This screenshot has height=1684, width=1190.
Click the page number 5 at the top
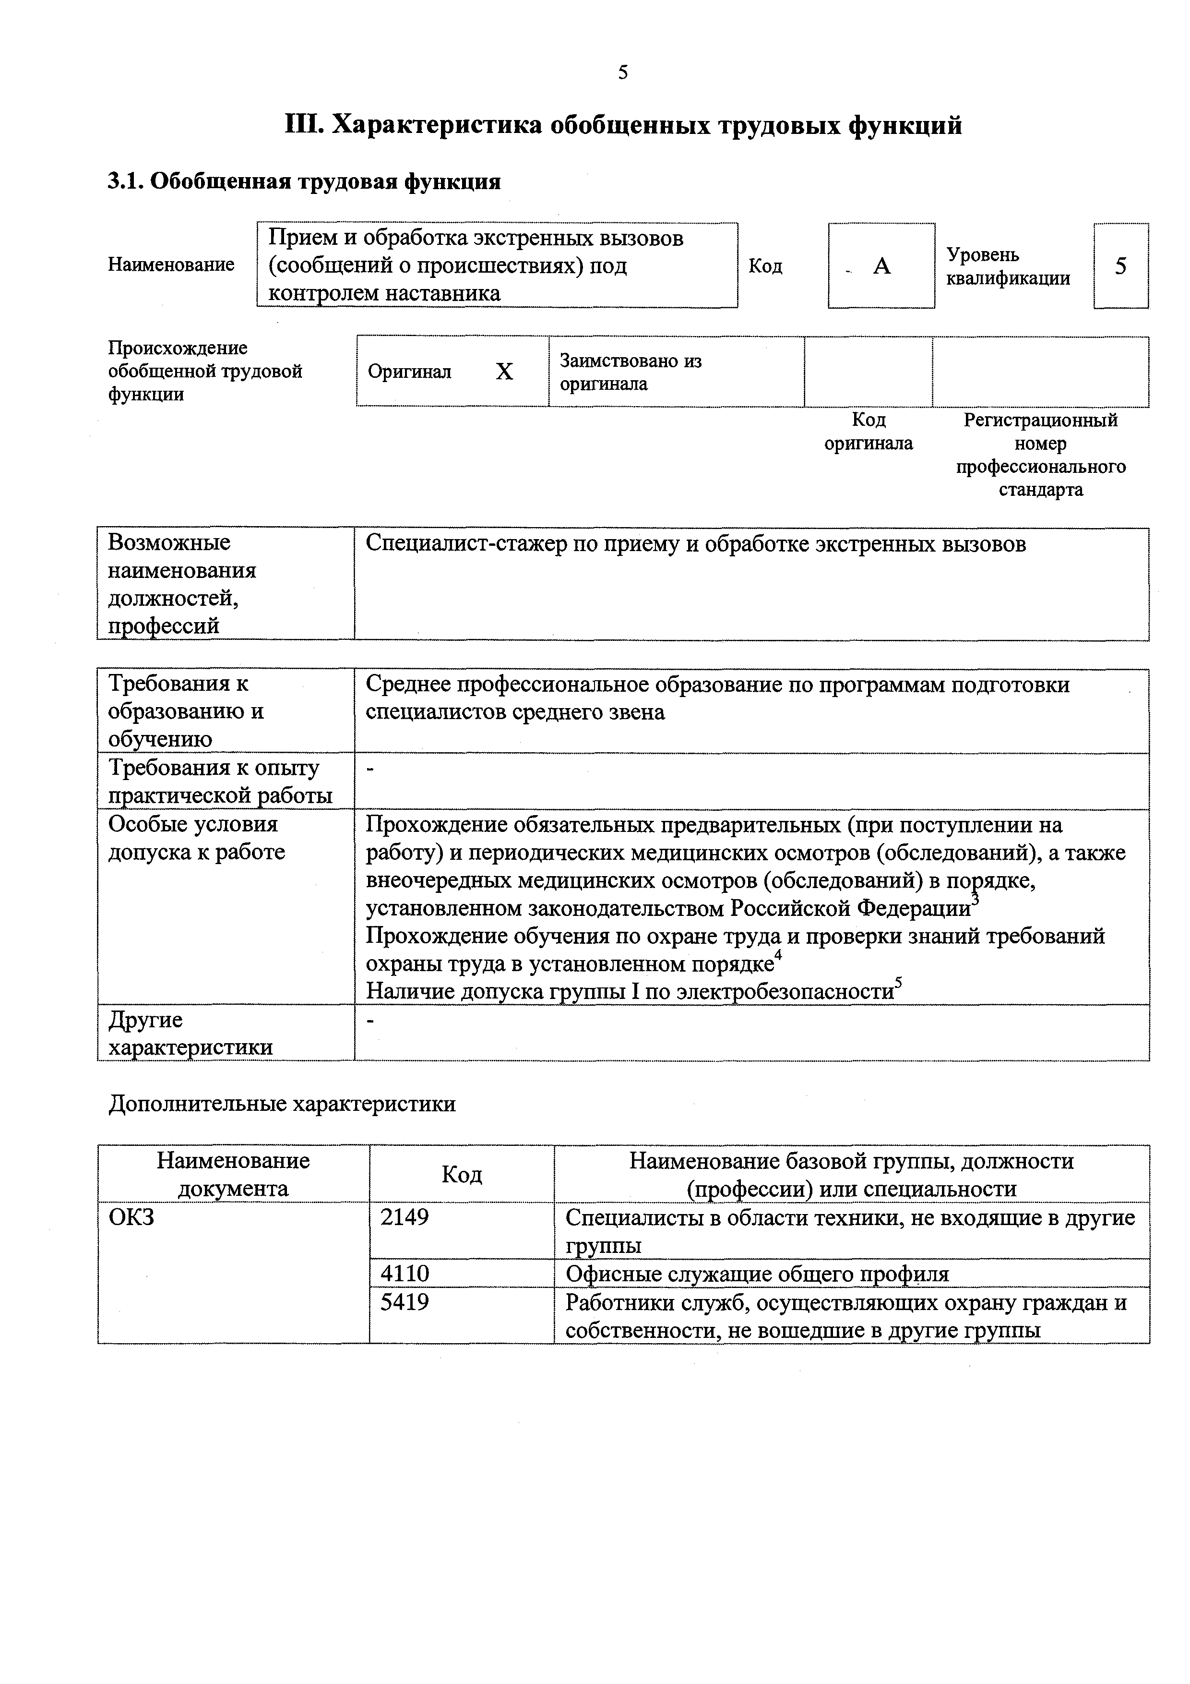[622, 72]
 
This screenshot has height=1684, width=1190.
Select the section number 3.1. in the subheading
[125, 181]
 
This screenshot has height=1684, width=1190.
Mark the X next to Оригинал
[504, 372]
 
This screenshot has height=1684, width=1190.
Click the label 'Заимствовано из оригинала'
[630, 372]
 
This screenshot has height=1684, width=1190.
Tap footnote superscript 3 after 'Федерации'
[975, 899]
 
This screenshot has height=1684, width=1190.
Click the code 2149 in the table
[404, 1217]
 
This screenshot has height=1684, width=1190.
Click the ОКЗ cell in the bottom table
[131, 1217]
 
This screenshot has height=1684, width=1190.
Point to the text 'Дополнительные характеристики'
[282, 1104]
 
